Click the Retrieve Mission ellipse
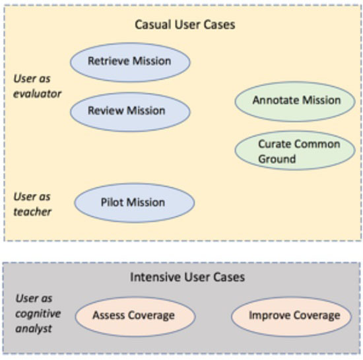pyautogui.click(x=130, y=62)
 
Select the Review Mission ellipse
pyautogui.click(x=130, y=112)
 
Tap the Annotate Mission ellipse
pyautogui.click(x=295, y=102)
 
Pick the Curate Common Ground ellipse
pyautogui.click(x=295, y=151)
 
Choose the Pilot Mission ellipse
pyautogui.click(x=135, y=203)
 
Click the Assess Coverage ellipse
pyautogui.click(x=135, y=316)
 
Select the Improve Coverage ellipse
pyautogui.click(x=292, y=316)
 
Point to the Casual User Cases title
pyautogui.click(x=185, y=24)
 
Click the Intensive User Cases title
pyautogui.click(x=187, y=277)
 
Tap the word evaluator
pyautogui.click(x=37, y=94)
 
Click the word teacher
pyautogui.click(x=32, y=212)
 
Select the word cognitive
pyautogui.click(x=38, y=314)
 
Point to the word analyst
pyautogui.click(x=34, y=328)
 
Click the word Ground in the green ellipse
pyautogui.click(x=277, y=159)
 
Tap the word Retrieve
pyautogui.click(x=108, y=61)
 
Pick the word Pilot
pyautogui.click(x=110, y=202)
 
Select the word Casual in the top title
pyautogui.click(x=153, y=24)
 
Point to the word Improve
pyautogui.click(x=269, y=316)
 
